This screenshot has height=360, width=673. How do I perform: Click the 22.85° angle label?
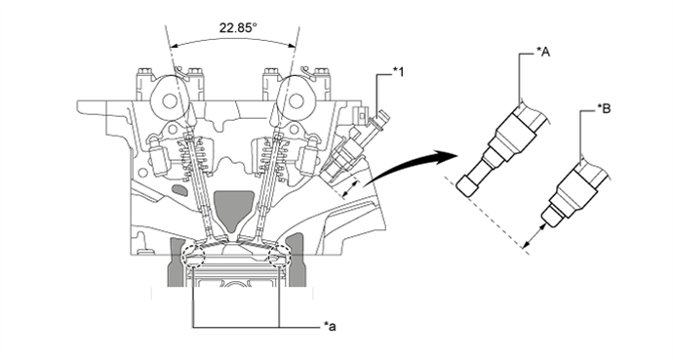(238, 28)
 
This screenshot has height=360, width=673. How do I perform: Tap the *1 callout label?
(398, 72)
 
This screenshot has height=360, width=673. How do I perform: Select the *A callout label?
(543, 52)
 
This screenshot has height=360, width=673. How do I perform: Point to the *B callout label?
(604, 109)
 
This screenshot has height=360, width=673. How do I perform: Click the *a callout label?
(330, 327)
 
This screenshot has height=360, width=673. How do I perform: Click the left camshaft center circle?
(170, 101)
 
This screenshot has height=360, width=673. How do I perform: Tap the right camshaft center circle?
(296, 101)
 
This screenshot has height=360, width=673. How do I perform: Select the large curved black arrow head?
(447, 157)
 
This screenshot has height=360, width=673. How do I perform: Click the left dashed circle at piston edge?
(193, 257)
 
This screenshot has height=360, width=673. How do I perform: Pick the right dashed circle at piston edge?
(279, 257)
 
